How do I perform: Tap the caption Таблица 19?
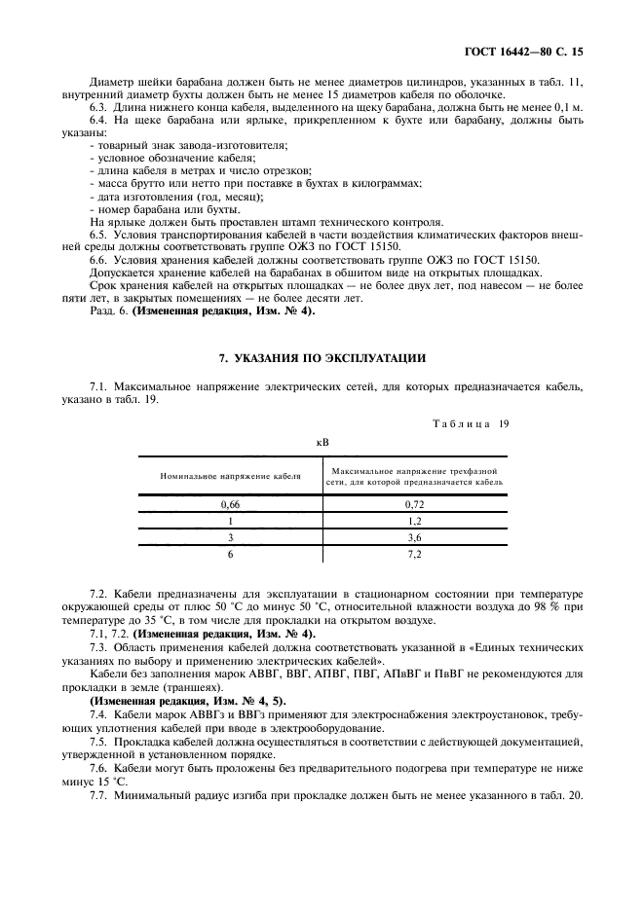(470, 423)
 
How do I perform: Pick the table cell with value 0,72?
(415, 504)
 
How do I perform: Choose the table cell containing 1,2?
(415, 521)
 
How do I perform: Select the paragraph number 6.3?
(98, 107)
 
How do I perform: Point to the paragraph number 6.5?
(98, 235)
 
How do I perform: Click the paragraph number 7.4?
(98, 713)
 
